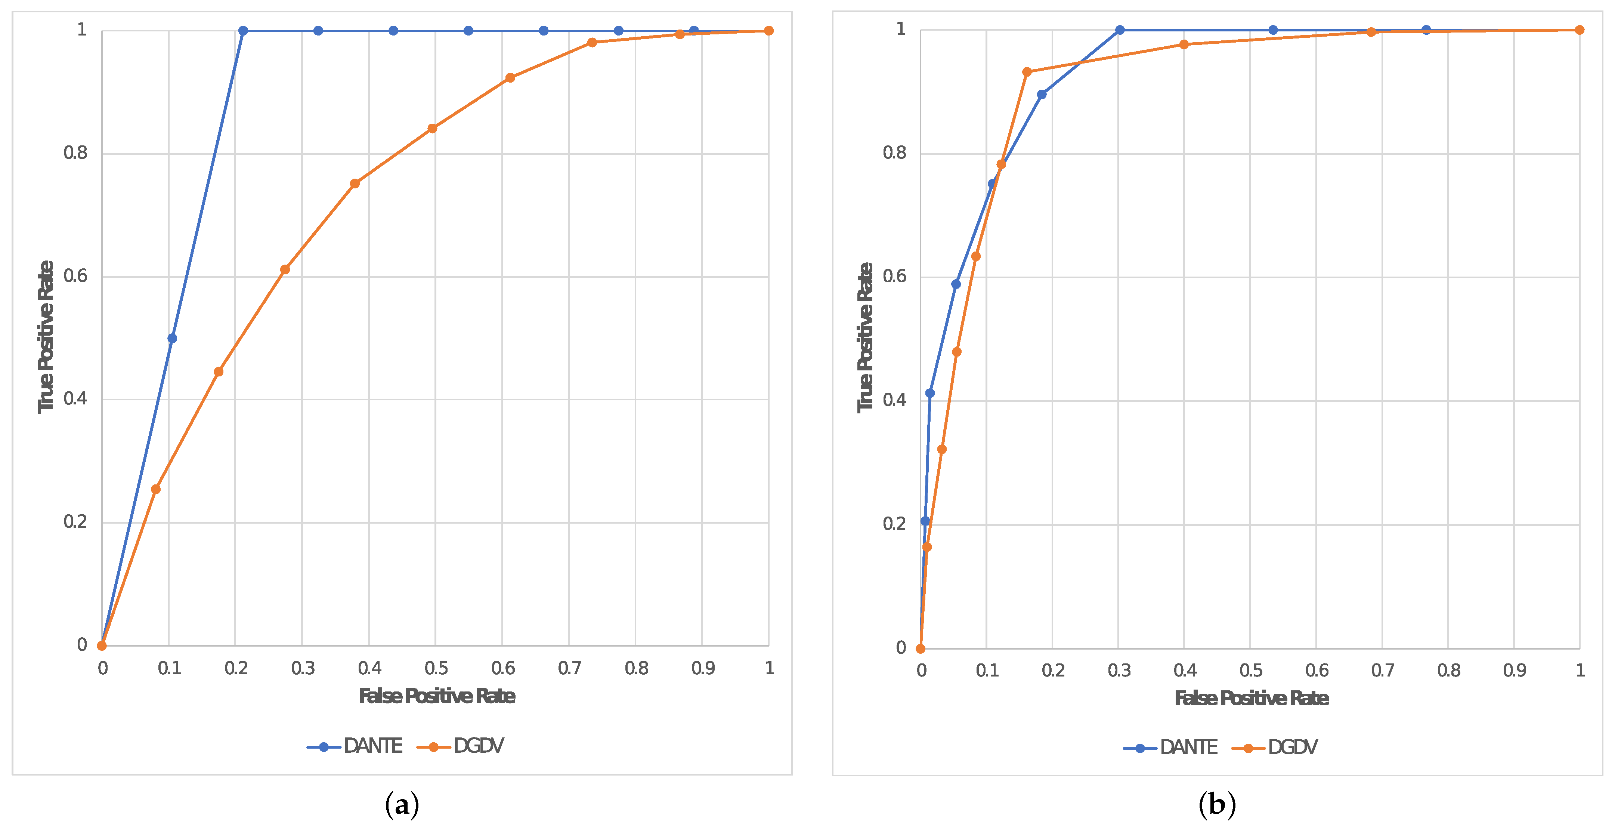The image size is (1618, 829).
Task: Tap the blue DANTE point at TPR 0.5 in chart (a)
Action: coord(172,338)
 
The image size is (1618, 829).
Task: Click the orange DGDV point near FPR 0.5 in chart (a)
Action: coord(432,128)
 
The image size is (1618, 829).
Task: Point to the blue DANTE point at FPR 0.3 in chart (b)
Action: coord(1119,30)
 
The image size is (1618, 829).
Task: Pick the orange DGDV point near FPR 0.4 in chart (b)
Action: coord(1184,44)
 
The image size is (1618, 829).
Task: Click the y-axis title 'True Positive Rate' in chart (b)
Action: coord(866,338)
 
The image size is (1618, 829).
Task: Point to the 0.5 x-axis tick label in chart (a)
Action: coord(436,668)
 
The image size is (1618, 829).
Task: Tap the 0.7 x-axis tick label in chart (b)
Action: coord(1383,671)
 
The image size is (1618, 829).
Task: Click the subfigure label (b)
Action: coord(1217,805)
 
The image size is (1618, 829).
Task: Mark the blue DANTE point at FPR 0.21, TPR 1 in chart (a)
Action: coord(243,31)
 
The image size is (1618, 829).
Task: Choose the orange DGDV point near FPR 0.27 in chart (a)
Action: coord(285,269)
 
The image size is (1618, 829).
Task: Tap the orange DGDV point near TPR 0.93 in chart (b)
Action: coord(1027,72)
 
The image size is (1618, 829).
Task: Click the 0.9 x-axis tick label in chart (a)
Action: coord(703,668)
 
